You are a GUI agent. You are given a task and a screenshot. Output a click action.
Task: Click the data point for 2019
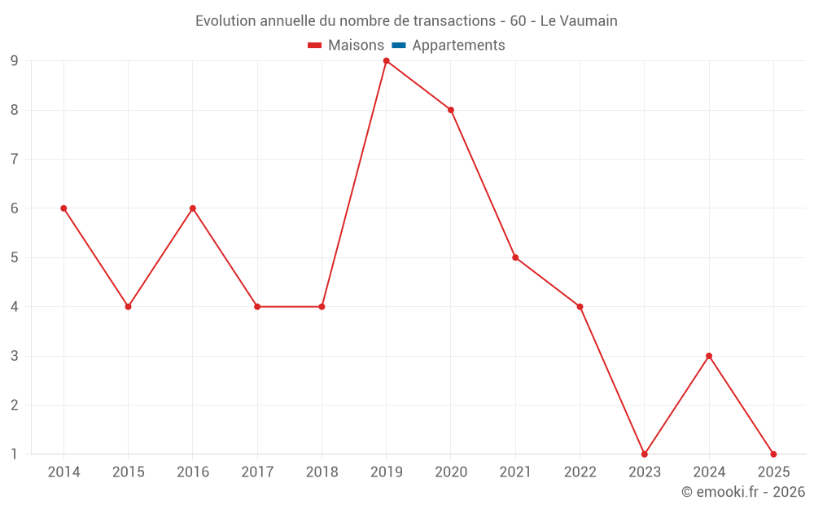pos(386,61)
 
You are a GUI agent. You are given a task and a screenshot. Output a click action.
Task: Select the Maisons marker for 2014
pos(63,208)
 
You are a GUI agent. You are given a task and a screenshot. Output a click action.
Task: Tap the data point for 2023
pos(644,454)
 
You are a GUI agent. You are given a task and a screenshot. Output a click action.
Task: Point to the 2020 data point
pos(451,110)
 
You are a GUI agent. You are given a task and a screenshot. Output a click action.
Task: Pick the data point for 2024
pos(709,356)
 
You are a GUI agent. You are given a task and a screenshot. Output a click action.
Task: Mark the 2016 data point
pos(193,208)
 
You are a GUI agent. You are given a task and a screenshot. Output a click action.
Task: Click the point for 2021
pos(515,257)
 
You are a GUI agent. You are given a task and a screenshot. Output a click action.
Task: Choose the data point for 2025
pos(773,454)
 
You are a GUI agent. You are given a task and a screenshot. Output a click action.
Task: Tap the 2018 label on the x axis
pos(322,472)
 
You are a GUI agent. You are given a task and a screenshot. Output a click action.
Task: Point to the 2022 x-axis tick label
pos(580,472)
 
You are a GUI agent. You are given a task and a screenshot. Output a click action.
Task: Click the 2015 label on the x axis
pos(129,472)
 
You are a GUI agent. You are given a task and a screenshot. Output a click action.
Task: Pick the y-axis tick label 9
pos(15,61)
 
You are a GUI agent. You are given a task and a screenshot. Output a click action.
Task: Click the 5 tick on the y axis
pos(15,257)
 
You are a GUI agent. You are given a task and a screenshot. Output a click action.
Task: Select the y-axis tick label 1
pos(15,454)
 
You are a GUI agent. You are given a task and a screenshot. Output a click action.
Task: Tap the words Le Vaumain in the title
pos(579,21)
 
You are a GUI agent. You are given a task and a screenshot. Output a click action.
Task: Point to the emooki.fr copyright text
pos(743,492)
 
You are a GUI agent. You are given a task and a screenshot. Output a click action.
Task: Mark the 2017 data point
pos(257,307)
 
